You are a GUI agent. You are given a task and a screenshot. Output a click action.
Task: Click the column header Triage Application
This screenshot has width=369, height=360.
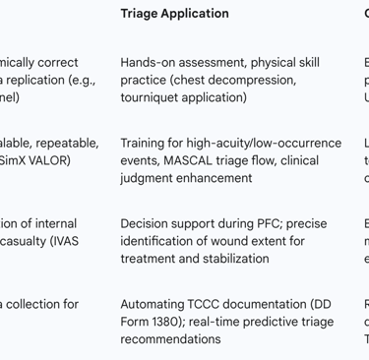(174, 14)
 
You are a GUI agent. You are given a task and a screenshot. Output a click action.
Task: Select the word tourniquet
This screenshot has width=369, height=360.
(157, 97)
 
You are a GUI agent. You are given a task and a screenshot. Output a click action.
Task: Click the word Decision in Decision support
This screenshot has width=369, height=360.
(147, 224)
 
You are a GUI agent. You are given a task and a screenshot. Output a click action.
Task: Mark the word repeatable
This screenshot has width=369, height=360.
(65, 144)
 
